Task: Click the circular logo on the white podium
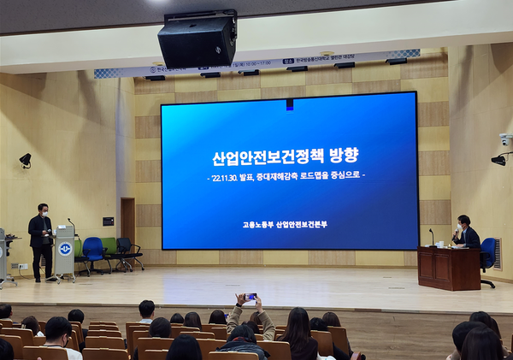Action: [x=65, y=248]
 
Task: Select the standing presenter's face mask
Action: [x=44, y=213]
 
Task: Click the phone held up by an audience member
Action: [x=251, y=297]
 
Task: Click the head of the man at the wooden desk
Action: [x=464, y=221]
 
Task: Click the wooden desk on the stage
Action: [x=449, y=268]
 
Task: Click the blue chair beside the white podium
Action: [x=92, y=253]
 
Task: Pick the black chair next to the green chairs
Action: [x=129, y=251]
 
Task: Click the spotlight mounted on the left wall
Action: [x=26, y=160]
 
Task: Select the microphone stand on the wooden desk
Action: [x=432, y=236]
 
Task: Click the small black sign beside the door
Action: [x=108, y=221]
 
